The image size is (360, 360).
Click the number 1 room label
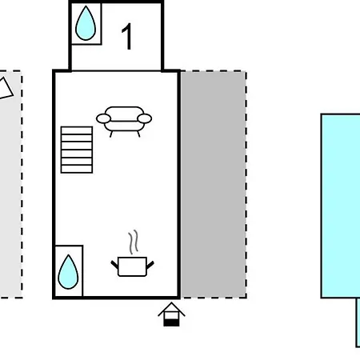pos(127,36)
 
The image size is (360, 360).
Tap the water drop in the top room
pos(86,24)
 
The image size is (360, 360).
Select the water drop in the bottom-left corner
pos(68,273)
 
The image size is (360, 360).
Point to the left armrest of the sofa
pos(103,118)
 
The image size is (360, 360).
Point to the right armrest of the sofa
pos(145,118)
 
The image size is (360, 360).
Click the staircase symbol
pos(77,150)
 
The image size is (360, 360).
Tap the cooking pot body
pos(132,266)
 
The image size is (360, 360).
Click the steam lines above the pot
pos(134,242)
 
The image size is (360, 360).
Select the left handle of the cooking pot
pos(114,265)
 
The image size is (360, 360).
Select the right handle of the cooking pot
pos(150,265)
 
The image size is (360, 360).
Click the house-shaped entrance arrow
pos(171,314)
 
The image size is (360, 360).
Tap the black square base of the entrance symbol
pos(171,322)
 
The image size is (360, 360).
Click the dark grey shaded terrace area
pos(214,184)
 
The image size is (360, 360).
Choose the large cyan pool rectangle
pos(341,206)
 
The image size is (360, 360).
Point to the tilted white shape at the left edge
pos(5,89)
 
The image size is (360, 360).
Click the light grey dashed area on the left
pos(10,184)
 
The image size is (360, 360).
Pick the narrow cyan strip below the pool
pos(358,322)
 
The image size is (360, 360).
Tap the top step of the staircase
pos(77,130)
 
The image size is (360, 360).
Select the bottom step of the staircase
pos(77,170)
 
